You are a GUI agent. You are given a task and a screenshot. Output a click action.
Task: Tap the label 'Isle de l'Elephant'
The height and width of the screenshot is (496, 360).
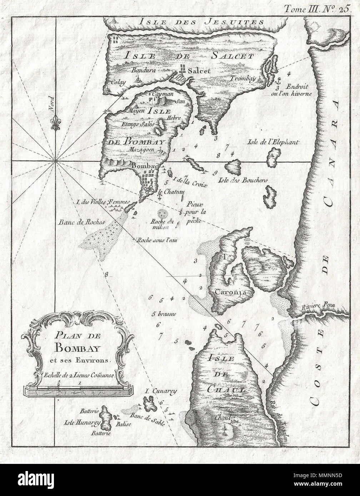(x=272, y=142)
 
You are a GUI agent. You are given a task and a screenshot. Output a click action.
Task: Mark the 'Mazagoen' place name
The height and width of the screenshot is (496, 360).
(x=143, y=150)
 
